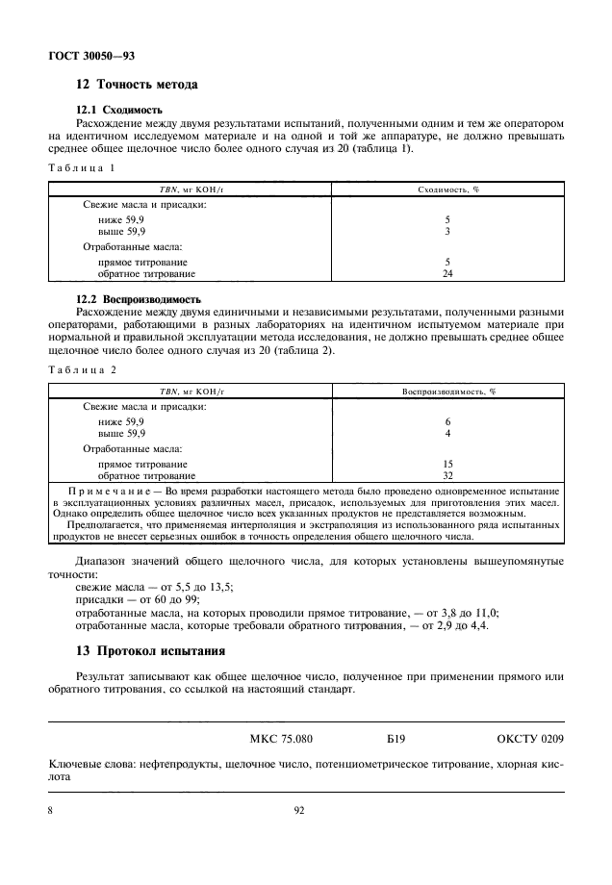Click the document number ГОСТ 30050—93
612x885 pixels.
point(91,56)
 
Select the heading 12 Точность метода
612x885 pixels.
point(137,85)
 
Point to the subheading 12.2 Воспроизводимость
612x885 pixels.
point(139,299)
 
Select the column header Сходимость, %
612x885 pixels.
point(447,190)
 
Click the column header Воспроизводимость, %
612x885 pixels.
point(447,392)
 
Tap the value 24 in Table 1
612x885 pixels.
point(447,273)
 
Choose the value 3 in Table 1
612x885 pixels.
point(447,232)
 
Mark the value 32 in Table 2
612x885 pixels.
point(447,475)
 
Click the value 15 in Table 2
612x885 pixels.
point(447,464)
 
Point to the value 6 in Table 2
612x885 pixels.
point(447,422)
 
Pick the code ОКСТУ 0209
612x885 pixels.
point(529,740)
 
